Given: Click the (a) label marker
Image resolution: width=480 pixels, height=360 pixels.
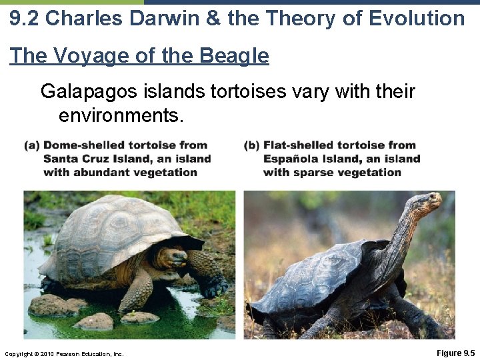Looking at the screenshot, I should coord(32,145).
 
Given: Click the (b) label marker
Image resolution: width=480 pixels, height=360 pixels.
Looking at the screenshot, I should coord(252,145).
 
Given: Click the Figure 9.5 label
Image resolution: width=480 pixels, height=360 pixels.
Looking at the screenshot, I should coord(455,353).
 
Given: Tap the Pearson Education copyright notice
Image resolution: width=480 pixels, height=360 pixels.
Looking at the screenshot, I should coord(63,353).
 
